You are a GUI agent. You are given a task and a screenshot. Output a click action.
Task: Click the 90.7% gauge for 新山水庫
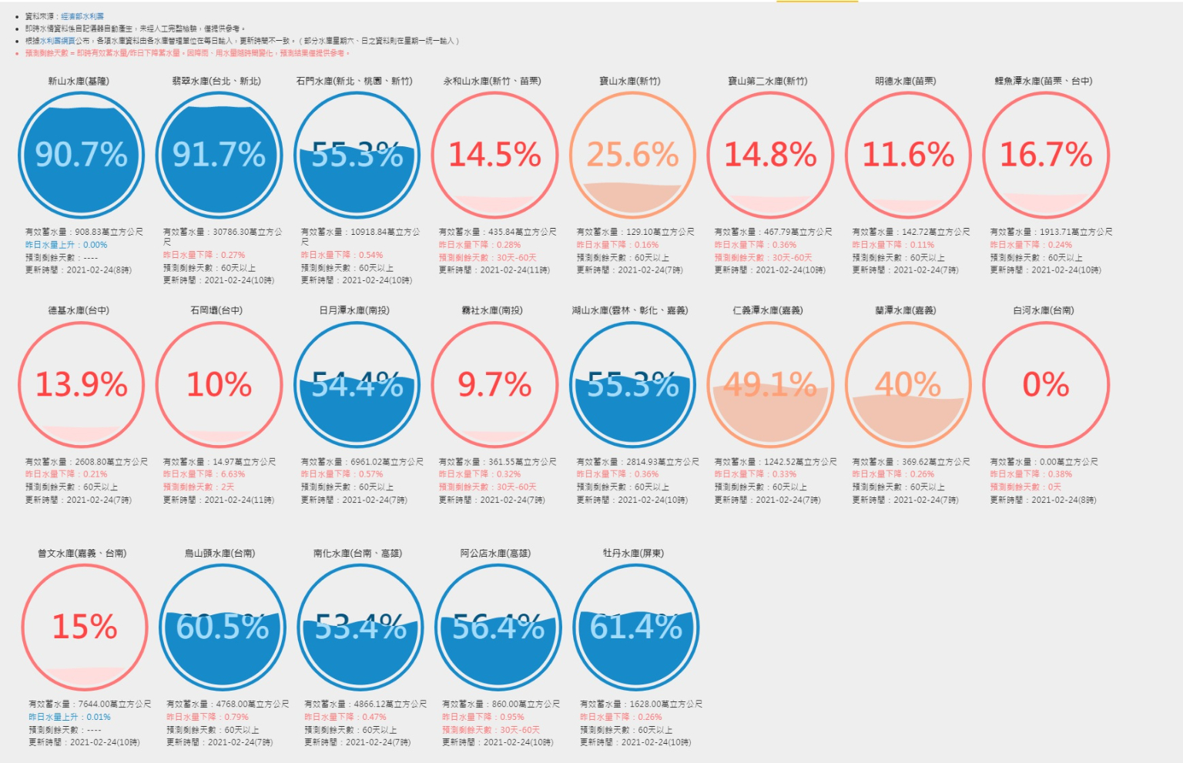tap(81, 155)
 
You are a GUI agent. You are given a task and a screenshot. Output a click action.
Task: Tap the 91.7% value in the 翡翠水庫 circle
tap(219, 155)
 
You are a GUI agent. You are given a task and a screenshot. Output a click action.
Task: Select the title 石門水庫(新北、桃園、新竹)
tap(354, 81)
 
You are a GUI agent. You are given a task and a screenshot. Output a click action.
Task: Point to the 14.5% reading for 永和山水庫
tap(494, 155)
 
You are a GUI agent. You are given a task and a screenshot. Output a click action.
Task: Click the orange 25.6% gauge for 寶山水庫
tap(632, 155)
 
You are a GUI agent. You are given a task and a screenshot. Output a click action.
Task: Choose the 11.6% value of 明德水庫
tap(908, 155)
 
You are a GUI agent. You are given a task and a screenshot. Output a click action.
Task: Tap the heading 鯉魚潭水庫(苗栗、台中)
tap(1044, 81)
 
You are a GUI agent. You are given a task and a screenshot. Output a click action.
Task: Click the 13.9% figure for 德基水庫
tap(81, 384)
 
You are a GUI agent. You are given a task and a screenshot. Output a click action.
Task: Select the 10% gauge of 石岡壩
tap(219, 384)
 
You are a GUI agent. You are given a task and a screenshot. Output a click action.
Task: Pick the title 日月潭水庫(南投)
tap(354, 310)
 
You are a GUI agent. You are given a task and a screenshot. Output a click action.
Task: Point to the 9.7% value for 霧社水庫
tap(494, 384)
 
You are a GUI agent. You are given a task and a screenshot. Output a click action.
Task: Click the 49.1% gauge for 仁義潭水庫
tap(770, 384)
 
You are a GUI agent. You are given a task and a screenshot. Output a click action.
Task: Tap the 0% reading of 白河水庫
tap(1046, 384)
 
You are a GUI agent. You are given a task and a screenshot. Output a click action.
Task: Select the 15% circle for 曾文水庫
tap(84, 627)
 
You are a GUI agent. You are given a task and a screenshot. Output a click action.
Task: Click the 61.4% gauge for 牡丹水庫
tap(636, 627)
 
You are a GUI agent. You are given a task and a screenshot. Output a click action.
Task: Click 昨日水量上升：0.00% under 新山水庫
tap(66, 245)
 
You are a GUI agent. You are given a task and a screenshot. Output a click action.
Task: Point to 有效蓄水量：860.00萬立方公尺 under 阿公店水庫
tap(501, 704)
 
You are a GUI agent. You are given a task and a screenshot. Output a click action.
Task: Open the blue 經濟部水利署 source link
tap(82, 16)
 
